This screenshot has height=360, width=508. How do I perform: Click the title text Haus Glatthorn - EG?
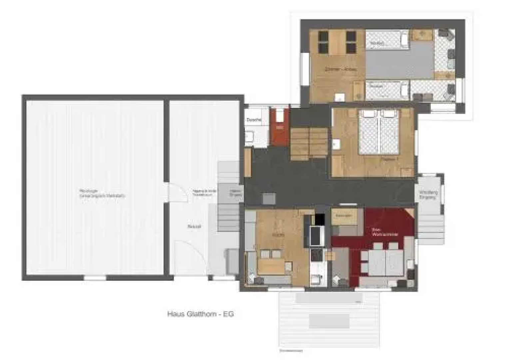[200, 314]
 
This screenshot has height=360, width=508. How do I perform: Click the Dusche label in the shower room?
[254, 120]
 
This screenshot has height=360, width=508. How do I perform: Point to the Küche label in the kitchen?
[278, 235]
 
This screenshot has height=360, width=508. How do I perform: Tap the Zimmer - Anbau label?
[341, 69]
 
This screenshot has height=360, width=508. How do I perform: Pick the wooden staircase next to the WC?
[309, 142]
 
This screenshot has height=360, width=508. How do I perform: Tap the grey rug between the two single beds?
[400, 63]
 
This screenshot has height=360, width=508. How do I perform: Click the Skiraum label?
[194, 226]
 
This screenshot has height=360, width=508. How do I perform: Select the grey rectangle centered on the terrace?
[329, 321]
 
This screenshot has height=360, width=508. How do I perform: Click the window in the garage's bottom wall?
[95, 278]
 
